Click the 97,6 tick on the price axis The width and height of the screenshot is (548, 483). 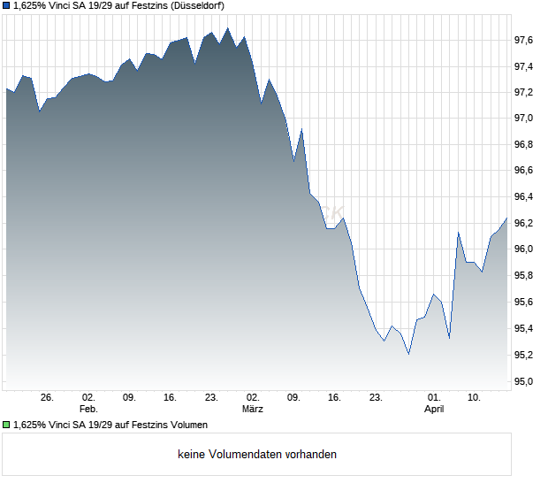click(524, 40)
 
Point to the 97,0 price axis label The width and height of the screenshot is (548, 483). click(524, 118)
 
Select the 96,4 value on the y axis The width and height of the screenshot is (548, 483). click(524, 196)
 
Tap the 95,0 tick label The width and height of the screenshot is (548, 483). click(524, 381)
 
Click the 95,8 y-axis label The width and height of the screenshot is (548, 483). click(524, 276)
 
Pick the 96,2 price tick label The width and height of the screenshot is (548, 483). click(524, 223)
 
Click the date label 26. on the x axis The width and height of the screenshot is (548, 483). click(48, 398)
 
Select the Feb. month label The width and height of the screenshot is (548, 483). click(88, 410)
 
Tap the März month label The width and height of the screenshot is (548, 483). click(253, 410)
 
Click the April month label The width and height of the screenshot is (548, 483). click(434, 410)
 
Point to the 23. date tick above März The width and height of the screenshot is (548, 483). click(211, 398)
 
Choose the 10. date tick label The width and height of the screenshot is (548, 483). click(475, 398)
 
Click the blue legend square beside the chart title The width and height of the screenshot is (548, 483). click(6, 5)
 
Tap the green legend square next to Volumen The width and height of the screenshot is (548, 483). click(6, 425)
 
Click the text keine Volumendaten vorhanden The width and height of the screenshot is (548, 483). click(257, 455)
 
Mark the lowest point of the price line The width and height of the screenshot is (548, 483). click(408, 354)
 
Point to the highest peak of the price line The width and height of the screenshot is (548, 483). click(228, 27)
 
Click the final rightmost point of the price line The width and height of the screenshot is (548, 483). click(507, 218)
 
